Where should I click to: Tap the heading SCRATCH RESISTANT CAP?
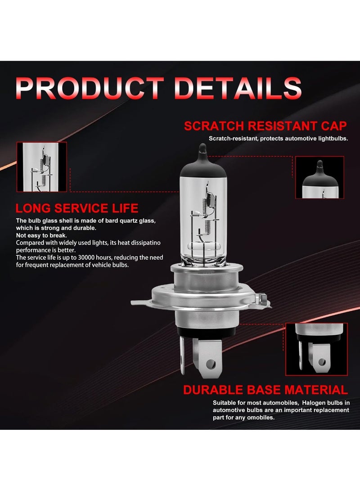click(265, 126)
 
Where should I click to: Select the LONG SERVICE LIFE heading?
click(77, 208)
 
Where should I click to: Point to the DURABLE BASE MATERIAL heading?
click(265, 389)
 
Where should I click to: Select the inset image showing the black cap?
click(319, 177)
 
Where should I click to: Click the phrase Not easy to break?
click(41, 235)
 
